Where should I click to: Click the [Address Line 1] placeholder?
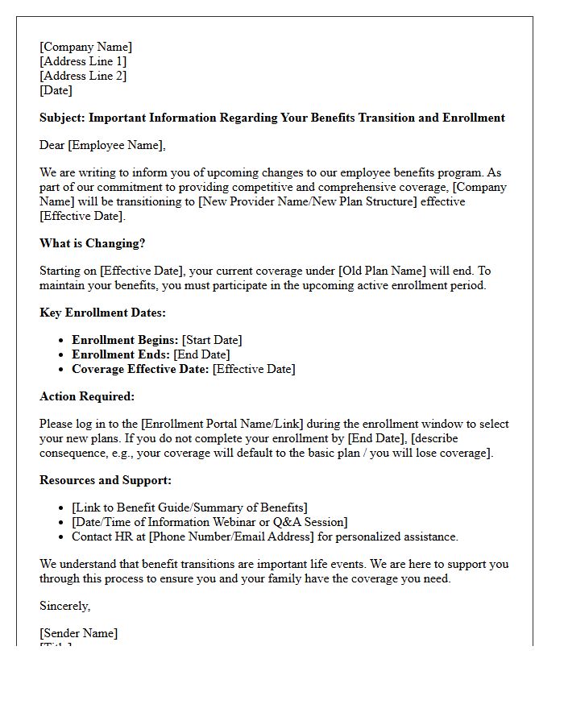(83, 61)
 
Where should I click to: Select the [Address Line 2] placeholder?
(83, 76)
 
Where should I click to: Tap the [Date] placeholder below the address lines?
(56, 90)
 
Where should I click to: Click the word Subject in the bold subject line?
(61, 118)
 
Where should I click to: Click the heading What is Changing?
(92, 243)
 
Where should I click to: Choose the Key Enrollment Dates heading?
(102, 313)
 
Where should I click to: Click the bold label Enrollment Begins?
(125, 340)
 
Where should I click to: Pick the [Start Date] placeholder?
(212, 340)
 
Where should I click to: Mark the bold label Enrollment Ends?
(119, 354)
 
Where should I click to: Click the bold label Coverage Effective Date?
(141, 369)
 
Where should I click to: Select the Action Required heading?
(87, 396)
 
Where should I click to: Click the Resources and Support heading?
(106, 480)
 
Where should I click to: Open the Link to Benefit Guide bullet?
(189, 507)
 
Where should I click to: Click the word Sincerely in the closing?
(64, 606)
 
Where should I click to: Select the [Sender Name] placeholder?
(78, 633)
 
